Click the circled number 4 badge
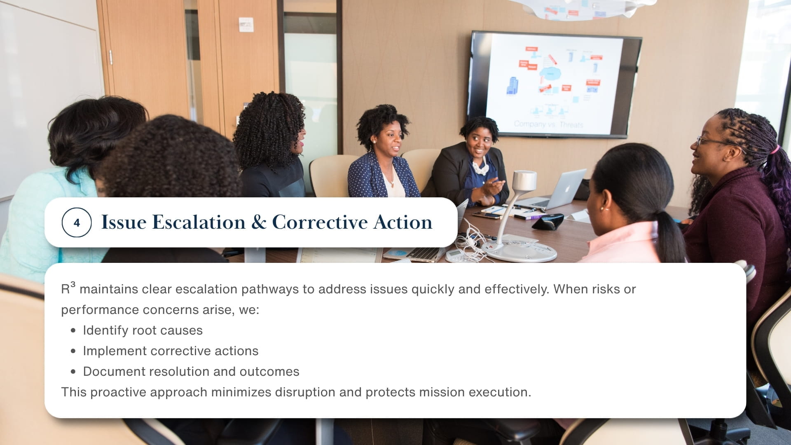pyautogui.click(x=77, y=223)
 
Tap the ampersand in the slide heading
pyautogui.click(x=258, y=222)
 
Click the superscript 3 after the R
pyautogui.click(x=73, y=284)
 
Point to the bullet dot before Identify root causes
pyautogui.click(x=73, y=330)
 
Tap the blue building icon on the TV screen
pyautogui.click(x=512, y=86)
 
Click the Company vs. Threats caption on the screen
pyautogui.click(x=548, y=124)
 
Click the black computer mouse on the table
pyautogui.click(x=548, y=222)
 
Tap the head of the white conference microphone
pyautogui.click(x=524, y=180)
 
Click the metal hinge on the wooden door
pyautogui.click(x=110, y=57)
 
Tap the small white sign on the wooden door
pyautogui.click(x=246, y=25)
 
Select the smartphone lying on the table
pyautogui.click(x=487, y=215)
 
